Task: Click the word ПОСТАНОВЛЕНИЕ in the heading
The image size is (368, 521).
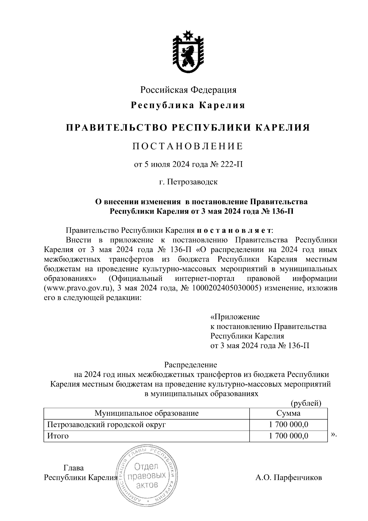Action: [x=188, y=146]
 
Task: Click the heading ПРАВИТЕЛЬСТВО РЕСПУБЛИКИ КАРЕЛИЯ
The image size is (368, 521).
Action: [x=188, y=127]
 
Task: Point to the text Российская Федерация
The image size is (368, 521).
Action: [x=188, y=90]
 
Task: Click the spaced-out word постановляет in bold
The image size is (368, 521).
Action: [x=234, y=230]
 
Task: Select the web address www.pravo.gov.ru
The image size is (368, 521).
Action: [x=79, y=288]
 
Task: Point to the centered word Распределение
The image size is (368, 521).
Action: [x=190, y=365]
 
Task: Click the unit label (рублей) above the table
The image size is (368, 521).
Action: [x=305, y=403]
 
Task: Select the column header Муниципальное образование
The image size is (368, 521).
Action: [x=146, y=413]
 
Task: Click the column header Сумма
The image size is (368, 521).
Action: [x=288, y=413]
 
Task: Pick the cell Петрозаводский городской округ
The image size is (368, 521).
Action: [x=106, y=425]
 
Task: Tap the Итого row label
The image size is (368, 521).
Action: [x=57, y=436]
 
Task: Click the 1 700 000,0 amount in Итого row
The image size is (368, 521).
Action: [x=288, y=436]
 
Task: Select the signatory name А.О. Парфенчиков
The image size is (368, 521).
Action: [x=288, y=478]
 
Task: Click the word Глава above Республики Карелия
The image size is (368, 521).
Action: [x=73, y=468]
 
